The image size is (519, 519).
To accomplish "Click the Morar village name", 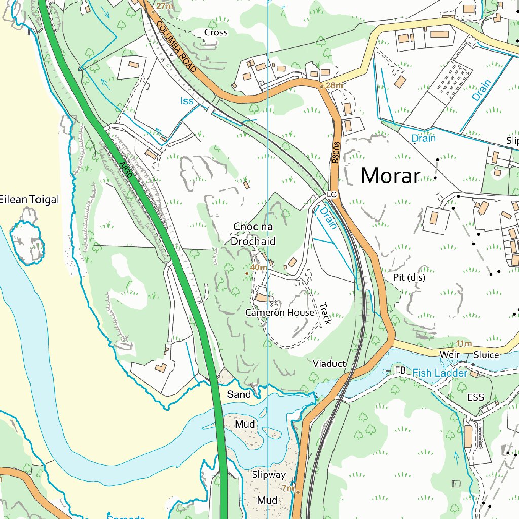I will [390, 176].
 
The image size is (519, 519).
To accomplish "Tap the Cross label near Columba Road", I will [216, 33].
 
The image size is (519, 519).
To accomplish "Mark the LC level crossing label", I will [332, 194].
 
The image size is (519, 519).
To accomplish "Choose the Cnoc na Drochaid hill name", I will [253, 234].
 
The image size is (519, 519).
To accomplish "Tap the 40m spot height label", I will [258, 267].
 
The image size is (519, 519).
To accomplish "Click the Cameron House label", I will [280, 313].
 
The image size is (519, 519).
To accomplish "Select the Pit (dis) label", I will [409, 278].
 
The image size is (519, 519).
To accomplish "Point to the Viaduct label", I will [329, 364].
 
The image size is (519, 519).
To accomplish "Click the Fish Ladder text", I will [439, 373].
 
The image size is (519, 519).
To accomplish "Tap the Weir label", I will [449, 354].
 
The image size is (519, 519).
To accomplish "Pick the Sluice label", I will [486, 355].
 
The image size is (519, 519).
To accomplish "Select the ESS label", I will [476, 397].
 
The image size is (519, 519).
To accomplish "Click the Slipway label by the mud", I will [269, 475].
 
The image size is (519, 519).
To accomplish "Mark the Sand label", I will [239, 394].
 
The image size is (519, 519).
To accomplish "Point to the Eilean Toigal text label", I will [29, 199].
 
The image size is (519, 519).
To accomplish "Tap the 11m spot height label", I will [464, 344].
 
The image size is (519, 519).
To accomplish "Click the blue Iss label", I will [188, 101].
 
